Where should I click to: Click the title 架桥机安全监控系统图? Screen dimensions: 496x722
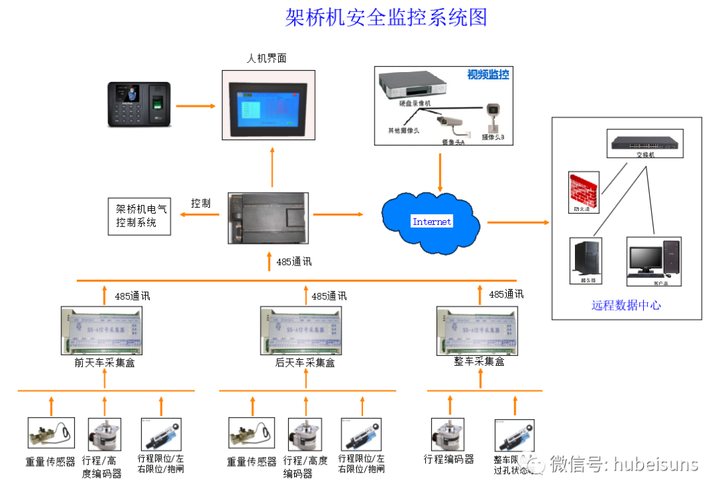(x=386, y=17)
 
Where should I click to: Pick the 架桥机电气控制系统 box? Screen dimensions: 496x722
(x=140, y=216)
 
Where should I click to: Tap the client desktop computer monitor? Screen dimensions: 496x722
(x=645, y=260)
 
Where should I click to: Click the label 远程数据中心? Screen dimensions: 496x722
(x=626, y=305)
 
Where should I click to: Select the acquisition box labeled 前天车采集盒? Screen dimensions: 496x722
(x=104, y=331)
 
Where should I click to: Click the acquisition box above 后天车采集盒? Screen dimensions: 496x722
(x=304, y=331)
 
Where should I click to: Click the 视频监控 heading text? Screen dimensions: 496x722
(x=487, y=75)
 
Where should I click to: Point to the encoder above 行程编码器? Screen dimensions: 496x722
(x=447, y=434)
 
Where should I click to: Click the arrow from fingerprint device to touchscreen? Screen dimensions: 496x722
(x=195, y=105)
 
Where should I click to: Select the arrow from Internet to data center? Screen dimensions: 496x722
(x=517, y=222)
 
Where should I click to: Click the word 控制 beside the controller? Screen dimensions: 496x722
(x=201, y=203)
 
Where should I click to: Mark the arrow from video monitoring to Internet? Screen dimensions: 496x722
(x=440, y=172)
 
